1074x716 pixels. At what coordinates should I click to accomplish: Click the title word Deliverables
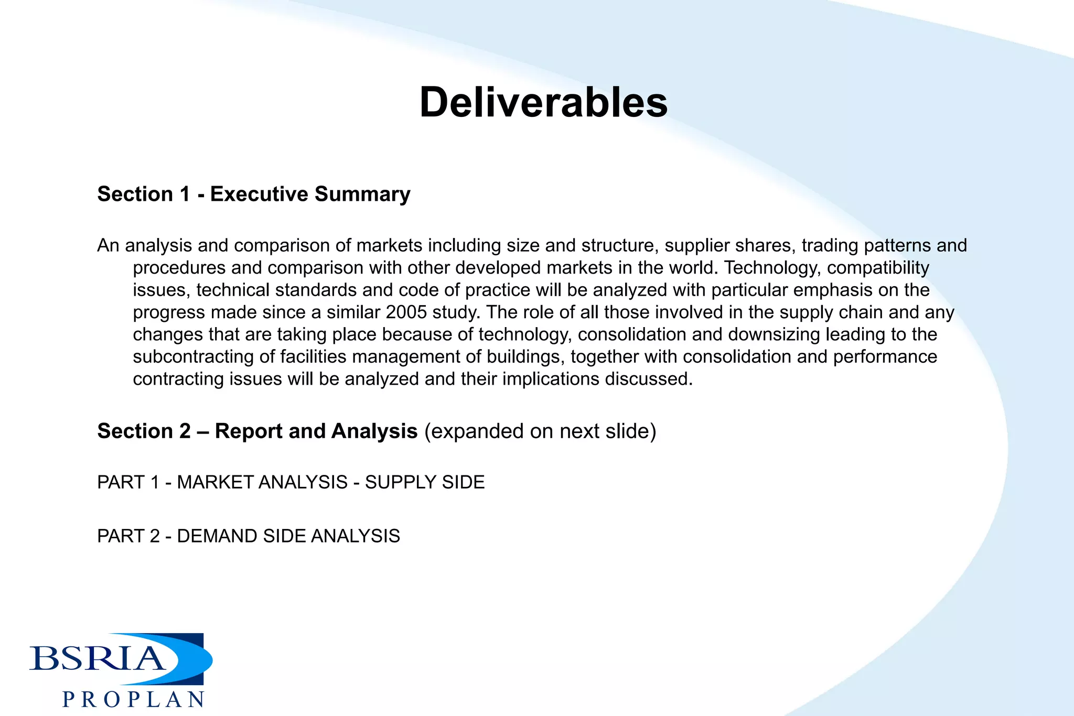543,102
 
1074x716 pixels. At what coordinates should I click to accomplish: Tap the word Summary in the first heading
362,194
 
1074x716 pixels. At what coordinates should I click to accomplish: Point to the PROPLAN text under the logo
134,700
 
